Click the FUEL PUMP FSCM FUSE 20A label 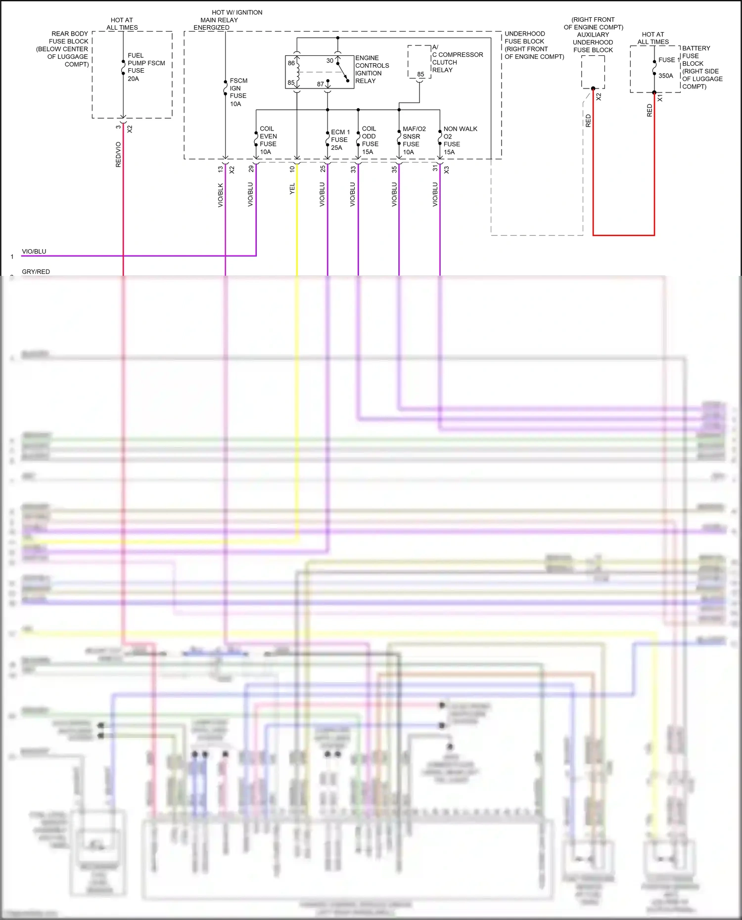(145, 67)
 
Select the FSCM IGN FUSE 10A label (238, 92)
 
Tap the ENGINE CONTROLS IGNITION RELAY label (371, 69)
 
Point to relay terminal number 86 (291, 63)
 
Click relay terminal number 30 (329, 61)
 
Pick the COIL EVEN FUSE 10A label (268, 140)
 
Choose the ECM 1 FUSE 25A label (340, 140)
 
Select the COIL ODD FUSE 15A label (370, 140)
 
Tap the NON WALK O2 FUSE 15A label (460, 140)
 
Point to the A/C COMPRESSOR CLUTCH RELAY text (457, 59)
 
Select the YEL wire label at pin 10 (292, 188)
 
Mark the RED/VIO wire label (118, 154)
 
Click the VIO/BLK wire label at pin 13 (221, 195)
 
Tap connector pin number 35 (394, 169)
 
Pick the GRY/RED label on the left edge (36, 271)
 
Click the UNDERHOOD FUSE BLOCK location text (533, 45)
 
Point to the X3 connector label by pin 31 (446, 170)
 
